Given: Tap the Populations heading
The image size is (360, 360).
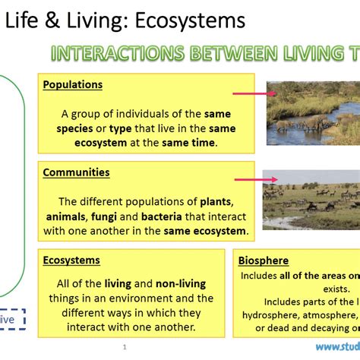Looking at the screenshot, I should pos(72,85).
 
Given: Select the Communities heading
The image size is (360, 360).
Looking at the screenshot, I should pos(76,172).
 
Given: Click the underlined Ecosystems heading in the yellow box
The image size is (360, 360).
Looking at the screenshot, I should pos(71,261).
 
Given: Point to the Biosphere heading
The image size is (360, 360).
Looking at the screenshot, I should pos(263,261).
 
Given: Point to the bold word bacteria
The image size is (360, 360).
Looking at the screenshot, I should pos(176,216).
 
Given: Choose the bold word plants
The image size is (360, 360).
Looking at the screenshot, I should pos(216,201).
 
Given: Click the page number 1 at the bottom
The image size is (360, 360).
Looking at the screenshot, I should pos(124,347).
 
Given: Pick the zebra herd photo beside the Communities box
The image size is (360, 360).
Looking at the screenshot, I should pos(311,199).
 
